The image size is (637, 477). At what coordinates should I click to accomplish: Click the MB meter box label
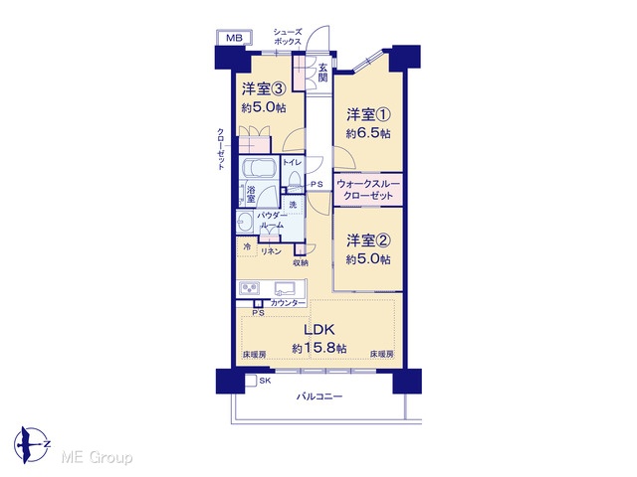pyautogui.click(x=234, y=39)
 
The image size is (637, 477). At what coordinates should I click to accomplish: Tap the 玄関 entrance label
pyautogui.click(x=322, y=73)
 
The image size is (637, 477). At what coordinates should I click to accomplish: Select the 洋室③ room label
pyautogui.click(x=265, y=88)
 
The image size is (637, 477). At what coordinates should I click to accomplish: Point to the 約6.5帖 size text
pyautogui.click(x=368, y=133)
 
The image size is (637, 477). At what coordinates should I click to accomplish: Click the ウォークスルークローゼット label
pyautogui.click(x=368, y=190)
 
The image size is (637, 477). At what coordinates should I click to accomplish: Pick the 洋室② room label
pyautogui.click(x=368, y=240)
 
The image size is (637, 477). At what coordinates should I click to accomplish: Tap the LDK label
pyautogui.click(x=319, y=329)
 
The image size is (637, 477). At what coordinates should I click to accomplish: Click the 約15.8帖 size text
pyautogui.click(x=319, y=348)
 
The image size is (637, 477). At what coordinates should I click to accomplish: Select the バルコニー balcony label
pyautogui.click(x=318, y=397)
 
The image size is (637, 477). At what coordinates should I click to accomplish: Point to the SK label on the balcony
pyautogui.click(x=265, y=381)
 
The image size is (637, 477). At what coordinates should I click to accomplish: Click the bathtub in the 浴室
pyautogui.click(x=259, y=167)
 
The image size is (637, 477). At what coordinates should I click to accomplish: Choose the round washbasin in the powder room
pyautogui.click(x=245, y=223)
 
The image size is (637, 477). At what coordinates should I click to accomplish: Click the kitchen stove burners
pyautogui.click(x=250, y=288)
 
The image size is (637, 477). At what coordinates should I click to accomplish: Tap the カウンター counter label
pyautogui.click(x=288, y=303)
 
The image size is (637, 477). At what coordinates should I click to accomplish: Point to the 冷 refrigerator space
pyautogui.click(x=247, y=246)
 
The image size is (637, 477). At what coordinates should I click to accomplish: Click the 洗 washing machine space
pyautogui.click(x=293, y=206)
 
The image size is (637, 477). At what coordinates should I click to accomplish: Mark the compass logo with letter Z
pyautogui.click(x=31, y=445)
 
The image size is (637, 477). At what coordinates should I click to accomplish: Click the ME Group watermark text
pyautogui.click(x=97, y=457)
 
